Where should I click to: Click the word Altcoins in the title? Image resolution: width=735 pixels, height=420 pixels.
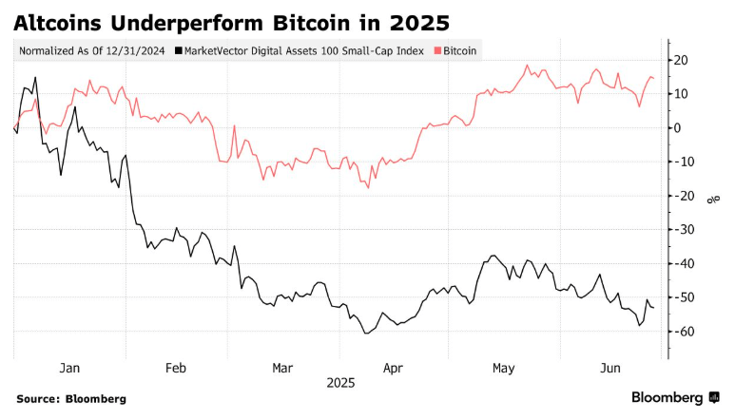58,21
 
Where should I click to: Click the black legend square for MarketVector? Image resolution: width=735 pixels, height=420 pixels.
178,49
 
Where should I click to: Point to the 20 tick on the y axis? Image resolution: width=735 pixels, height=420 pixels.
682,60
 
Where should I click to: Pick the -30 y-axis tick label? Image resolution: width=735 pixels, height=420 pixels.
682,229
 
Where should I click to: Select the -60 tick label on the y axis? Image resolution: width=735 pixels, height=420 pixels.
682,331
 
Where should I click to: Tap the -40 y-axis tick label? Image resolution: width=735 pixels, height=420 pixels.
682,263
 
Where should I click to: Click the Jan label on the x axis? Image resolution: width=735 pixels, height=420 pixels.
69,367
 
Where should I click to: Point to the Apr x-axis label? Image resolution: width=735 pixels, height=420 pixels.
392,367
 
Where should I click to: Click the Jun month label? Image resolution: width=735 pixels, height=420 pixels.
610,367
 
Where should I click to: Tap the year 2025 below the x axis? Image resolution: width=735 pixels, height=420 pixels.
340,382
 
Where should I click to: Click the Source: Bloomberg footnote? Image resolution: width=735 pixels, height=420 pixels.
71,399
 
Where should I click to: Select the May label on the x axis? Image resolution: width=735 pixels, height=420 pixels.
503,367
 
